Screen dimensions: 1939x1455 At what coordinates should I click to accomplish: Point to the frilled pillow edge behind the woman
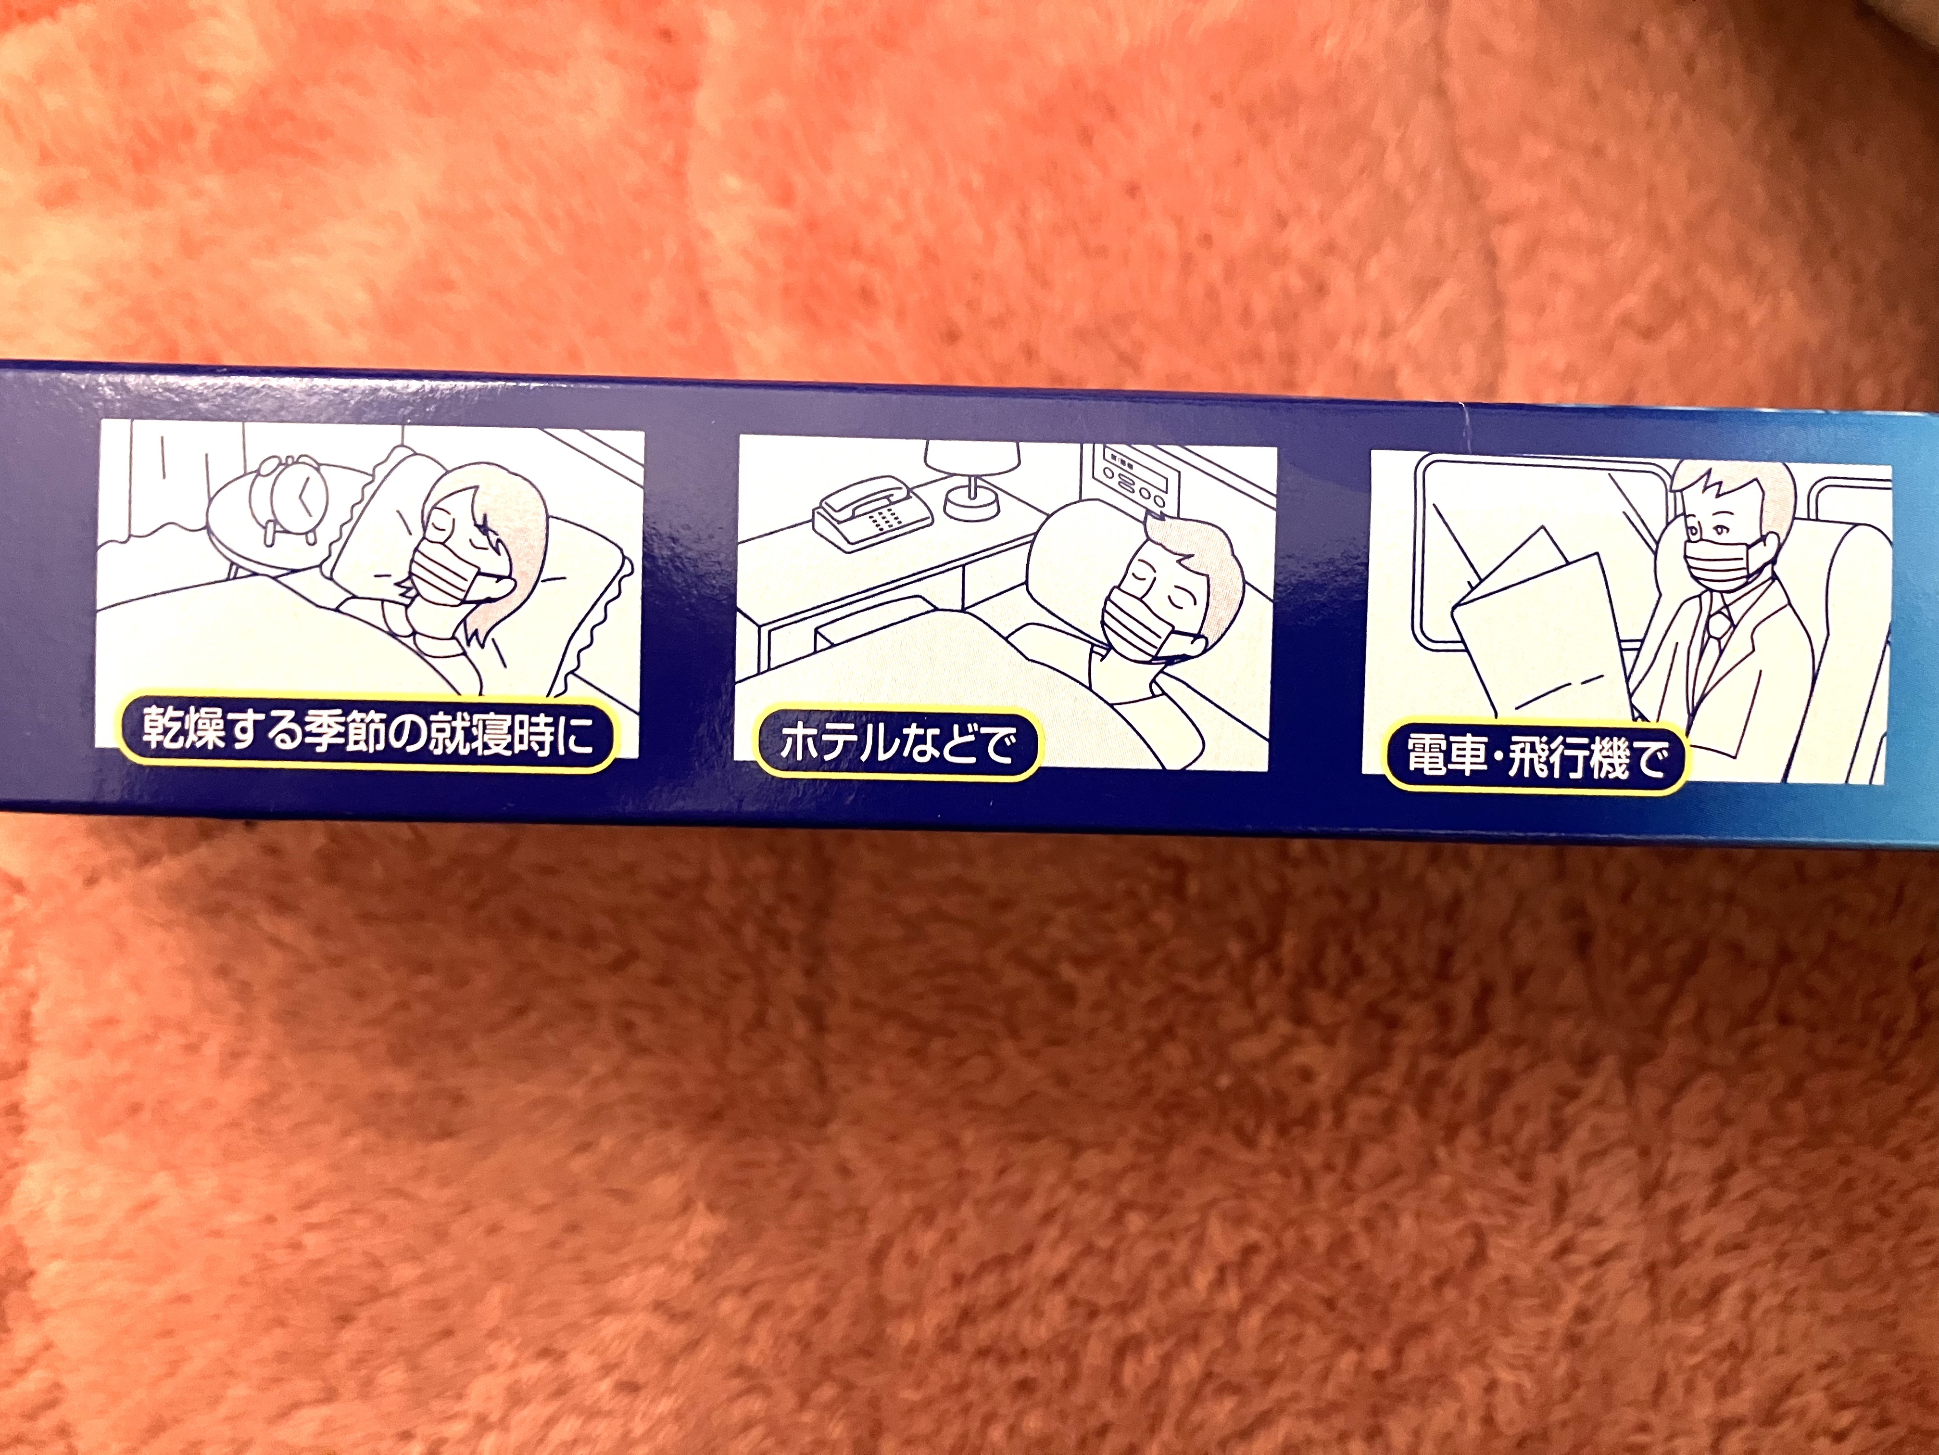point(596,614)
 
